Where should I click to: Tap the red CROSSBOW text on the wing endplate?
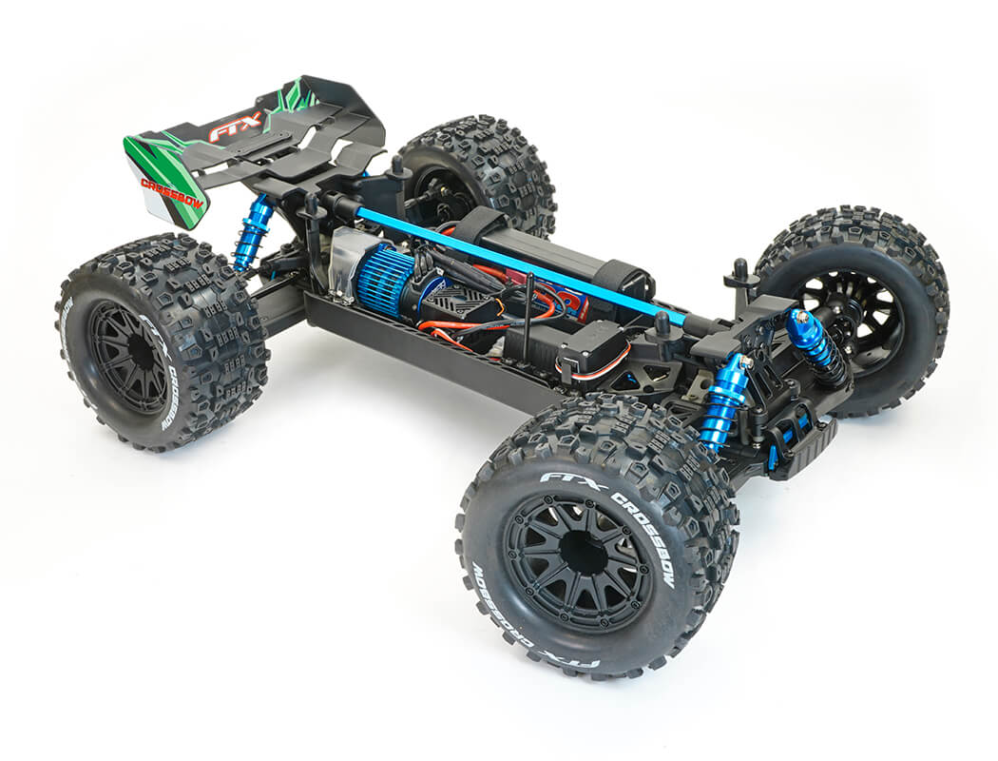click(173, 190)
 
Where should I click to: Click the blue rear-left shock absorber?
click(252, 233)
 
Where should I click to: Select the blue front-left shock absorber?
click(724, 400)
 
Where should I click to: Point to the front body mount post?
click(741, 276)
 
